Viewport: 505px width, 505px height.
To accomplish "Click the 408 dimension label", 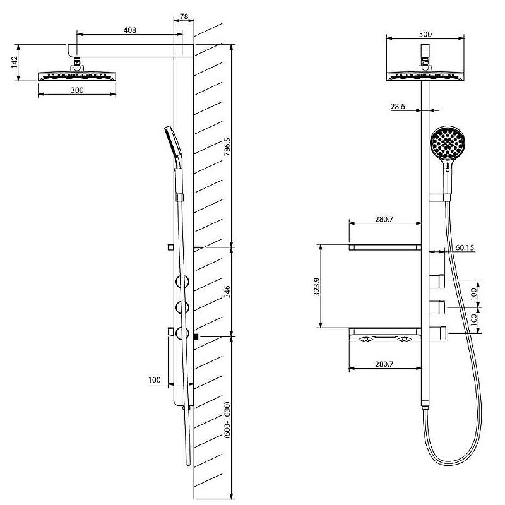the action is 129,30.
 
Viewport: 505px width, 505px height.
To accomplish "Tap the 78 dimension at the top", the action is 184,16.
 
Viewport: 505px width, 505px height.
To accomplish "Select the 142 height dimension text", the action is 14,62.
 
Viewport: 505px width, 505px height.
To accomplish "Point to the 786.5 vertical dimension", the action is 227,147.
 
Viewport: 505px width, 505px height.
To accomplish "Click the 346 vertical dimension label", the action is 227,292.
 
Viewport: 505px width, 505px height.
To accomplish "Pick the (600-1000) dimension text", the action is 227,420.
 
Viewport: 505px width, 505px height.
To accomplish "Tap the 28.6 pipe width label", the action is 398,107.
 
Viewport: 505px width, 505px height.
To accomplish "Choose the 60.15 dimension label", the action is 465,247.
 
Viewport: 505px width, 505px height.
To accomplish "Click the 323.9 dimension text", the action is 317,287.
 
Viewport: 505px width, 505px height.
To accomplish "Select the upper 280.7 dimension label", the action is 384,219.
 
